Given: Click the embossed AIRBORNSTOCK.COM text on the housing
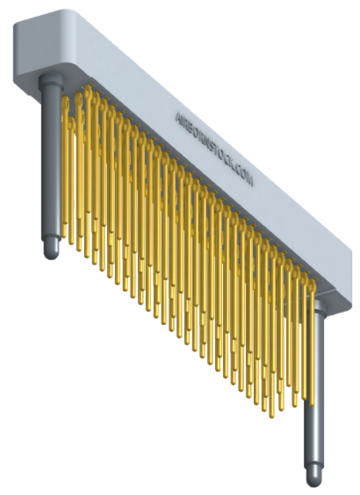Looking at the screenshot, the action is [x=214, y=149].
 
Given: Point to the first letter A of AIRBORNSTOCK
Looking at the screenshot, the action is [x=179, y=118].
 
